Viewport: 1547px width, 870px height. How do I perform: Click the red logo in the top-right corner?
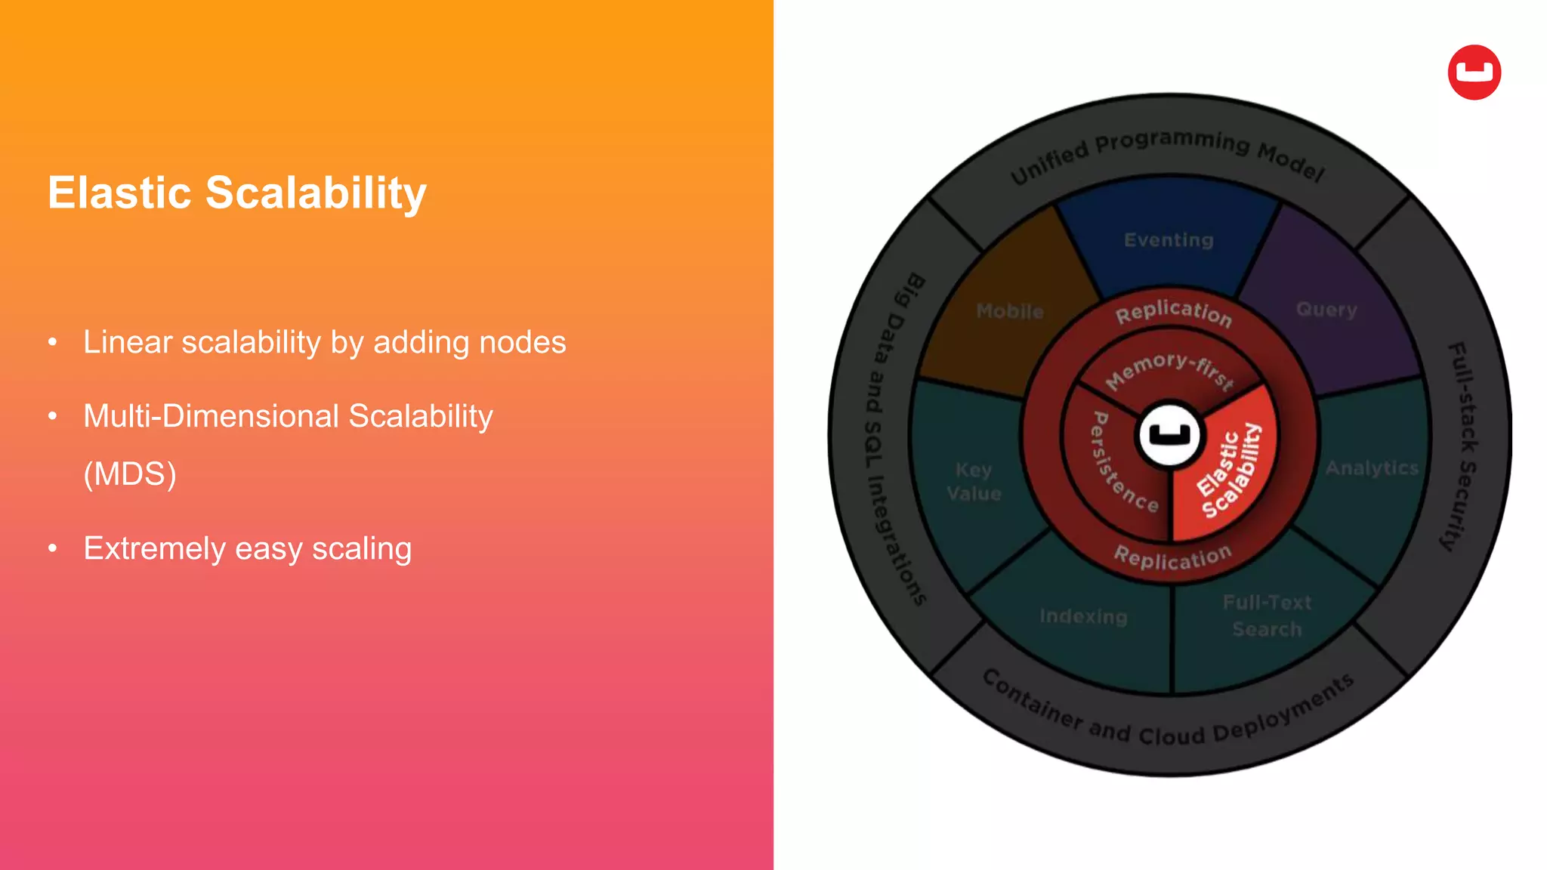(1474, 72)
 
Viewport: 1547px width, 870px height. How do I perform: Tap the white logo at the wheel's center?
(1169, 434)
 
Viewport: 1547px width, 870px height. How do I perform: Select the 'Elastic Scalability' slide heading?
(237, 193)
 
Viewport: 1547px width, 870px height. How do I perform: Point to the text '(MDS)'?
(130, 474)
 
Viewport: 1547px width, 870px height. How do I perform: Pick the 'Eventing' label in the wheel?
(1169, 240)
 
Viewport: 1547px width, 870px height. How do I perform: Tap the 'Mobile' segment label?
(1010, 311)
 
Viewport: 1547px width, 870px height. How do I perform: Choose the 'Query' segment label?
(1326, 310)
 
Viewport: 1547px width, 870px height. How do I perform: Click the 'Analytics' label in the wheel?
(1372, 468)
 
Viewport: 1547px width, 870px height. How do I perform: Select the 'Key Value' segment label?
(974, 482)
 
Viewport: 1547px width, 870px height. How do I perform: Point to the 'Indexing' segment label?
(1083, 616)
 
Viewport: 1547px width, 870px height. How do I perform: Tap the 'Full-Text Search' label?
(1267, 615)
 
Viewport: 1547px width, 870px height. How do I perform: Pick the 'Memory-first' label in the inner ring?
(1169, 369)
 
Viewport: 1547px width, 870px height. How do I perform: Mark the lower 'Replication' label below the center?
(1172, 558)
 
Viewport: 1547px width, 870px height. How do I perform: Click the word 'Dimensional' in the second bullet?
(249, 416)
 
